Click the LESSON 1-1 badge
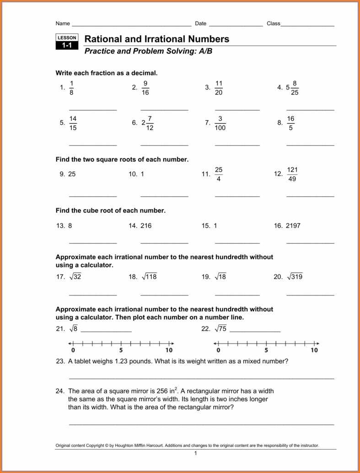click(67, 42)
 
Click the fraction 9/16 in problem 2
click(145, 88)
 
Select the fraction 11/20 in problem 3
click(219, 88)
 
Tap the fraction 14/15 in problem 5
click(73, 123)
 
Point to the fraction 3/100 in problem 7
click(220, 123)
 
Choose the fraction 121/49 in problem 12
click(292, 174)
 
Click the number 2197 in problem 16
click(293, 226)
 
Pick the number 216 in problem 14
click(146, 226)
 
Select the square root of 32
click(75, 277)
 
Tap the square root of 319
click(295, 277)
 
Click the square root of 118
click(149, 277)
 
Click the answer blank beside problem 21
click(106, 331)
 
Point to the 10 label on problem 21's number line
click(169, 350)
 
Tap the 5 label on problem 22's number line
click(266, 350)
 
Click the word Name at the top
click(63, 23)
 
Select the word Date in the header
click(201, 23)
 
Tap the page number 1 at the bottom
click(195, 453)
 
